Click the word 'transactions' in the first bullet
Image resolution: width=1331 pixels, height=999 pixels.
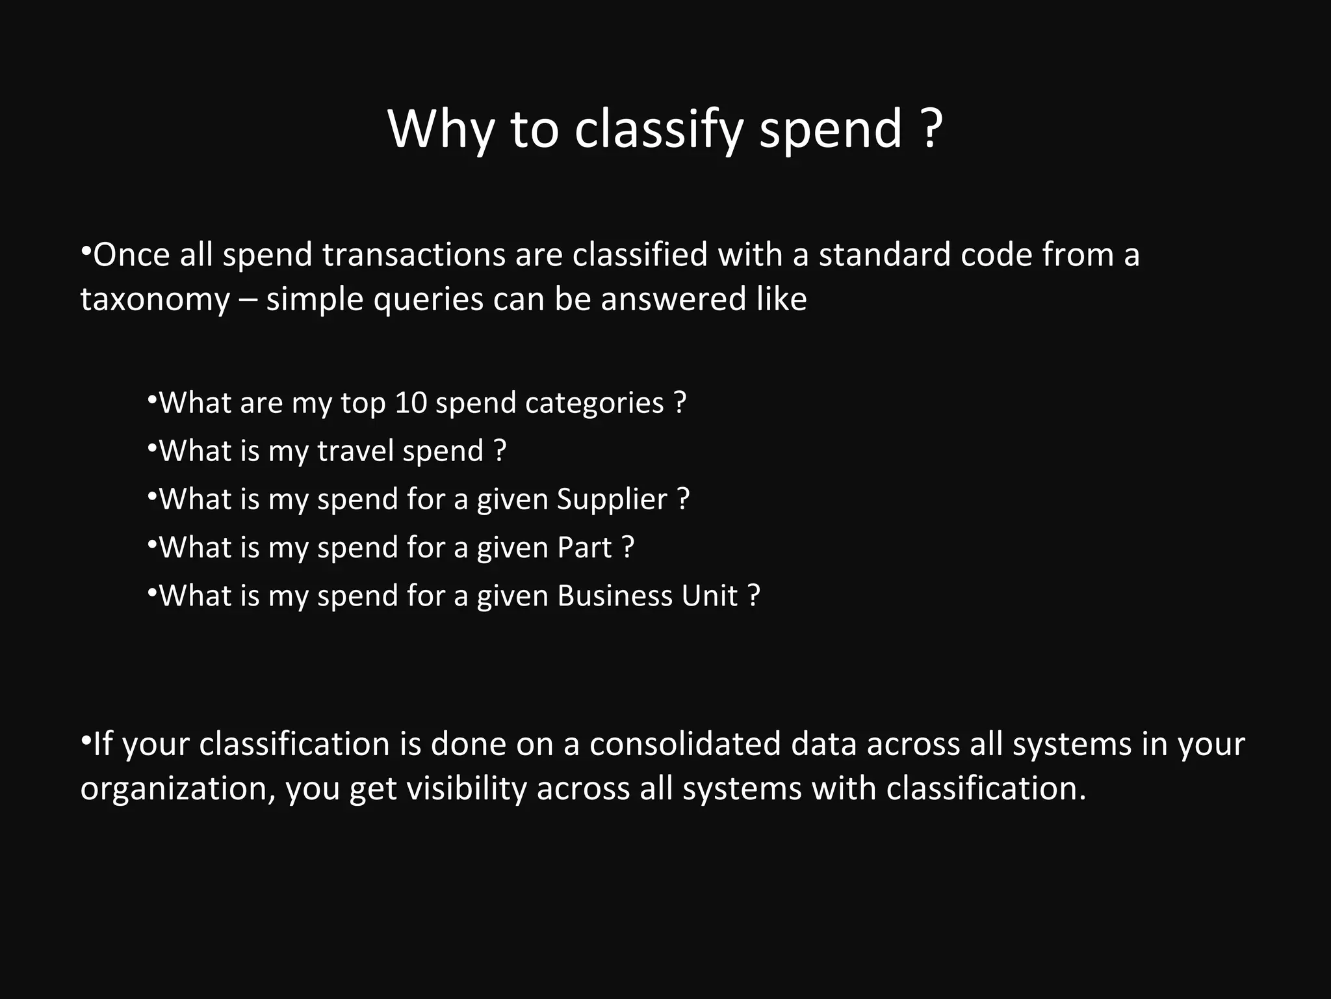[x=414, y=254]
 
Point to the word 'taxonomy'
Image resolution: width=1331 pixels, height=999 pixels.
[x=155, y=300]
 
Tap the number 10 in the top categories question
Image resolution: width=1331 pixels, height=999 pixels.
[x=411, y=403]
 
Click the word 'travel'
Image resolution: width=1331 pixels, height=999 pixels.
[x=355, y=451]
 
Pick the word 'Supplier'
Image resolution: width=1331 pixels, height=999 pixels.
[x=612, y=499]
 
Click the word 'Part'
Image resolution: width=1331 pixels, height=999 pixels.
[x=584, y=547]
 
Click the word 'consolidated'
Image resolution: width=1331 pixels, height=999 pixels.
[x=685, y=743]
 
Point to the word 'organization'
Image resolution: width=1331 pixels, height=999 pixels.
[x=174, y=789]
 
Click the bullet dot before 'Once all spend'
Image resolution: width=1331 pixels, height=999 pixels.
[x=86, y=250]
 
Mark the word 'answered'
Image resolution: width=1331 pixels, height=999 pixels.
[x=673, y=300]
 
